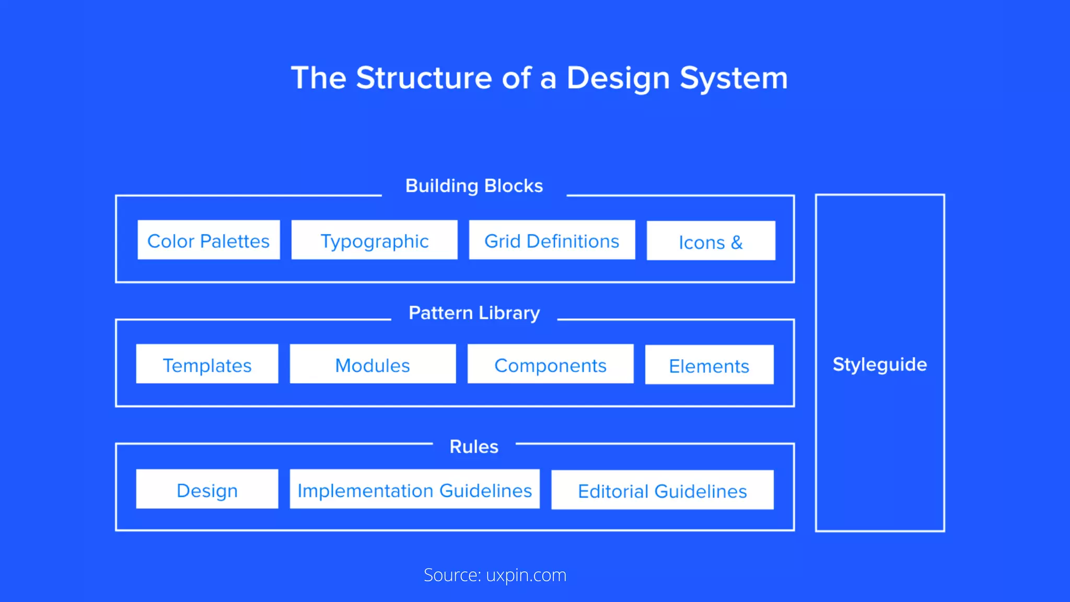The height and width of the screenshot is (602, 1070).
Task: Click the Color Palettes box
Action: (x=208, y=240)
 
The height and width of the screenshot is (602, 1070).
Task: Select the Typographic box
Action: (x=374, y=240)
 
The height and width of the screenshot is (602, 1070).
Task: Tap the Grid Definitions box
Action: (x=552, y=240)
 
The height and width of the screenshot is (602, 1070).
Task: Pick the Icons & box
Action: (x=711, y=241)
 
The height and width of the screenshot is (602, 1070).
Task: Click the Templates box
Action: (x=207, y=364)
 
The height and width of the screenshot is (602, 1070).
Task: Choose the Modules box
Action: (x=373, y=364)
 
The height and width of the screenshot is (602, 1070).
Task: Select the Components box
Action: (x=550, y=364)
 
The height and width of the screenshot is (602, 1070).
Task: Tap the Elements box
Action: (x=709, y=365)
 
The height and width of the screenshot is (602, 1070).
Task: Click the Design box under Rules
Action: (x=207, y=490)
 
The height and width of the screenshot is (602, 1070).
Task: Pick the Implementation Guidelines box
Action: (x=414, y=490)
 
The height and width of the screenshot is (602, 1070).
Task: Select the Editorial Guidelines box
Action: (x=662, y=491)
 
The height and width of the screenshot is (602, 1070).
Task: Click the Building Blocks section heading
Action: (x=474, y=186)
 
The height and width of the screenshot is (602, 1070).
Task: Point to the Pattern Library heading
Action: (x=474, y=313)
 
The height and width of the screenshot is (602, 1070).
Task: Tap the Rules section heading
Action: (x=474, y=447)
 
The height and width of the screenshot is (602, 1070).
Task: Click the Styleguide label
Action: (x=880, y=364)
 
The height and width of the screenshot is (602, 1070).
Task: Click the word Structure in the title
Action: (x=424, y=78)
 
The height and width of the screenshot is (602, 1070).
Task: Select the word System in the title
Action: (x=734, y=78)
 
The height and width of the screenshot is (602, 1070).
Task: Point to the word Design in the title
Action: (x=618, y=78)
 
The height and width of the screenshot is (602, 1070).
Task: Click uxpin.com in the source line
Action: (x=526, y=575)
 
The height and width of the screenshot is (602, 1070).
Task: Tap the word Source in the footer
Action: (x=451, y=575)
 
